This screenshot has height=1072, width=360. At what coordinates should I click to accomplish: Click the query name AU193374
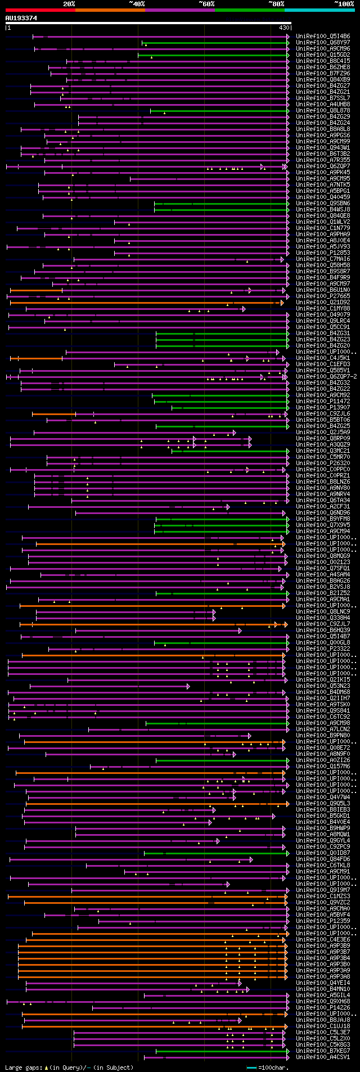(21, 18)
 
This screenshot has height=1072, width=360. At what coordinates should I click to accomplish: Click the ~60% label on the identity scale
(206, 4)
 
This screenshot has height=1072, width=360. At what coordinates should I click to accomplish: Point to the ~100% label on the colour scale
(344, 4)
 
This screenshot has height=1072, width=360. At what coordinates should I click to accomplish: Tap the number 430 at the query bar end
(284, 28)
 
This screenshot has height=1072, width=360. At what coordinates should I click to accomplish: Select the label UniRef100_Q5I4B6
(322, 37)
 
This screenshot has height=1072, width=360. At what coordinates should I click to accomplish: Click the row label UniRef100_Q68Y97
(322, 43)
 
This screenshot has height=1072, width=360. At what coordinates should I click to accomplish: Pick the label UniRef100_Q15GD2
(322, 55)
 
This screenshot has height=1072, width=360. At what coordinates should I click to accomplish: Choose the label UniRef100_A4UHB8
(322, 105)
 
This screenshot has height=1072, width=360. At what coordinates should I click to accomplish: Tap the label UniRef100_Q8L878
(322, 111)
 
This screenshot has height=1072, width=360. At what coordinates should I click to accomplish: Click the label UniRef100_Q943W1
(322, 148)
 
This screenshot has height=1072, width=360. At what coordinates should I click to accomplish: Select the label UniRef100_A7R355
(322, 160)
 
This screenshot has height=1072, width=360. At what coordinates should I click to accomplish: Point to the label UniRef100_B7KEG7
(322, 1051)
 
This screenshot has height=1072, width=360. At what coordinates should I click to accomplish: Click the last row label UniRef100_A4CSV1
(322, 1057)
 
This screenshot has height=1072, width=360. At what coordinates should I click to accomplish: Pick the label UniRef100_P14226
(322, 1007)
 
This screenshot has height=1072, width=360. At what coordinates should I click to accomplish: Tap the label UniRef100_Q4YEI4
(322, 983)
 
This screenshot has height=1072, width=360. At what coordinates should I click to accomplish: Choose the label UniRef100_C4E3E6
(322, 939)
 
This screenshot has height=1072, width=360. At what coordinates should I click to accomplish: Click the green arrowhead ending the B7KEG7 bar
(288, 1051)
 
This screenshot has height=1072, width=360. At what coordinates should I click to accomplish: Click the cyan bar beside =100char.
(251, 1068)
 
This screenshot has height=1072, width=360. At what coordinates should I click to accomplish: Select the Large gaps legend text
(69, 1068)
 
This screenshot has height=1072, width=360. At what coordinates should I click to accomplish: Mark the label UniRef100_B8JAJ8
(322, 1020)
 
